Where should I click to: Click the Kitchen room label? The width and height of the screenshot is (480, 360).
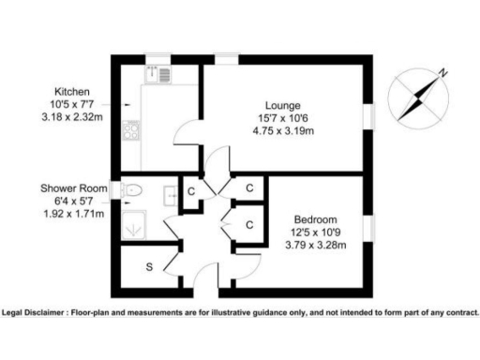pos(72,92)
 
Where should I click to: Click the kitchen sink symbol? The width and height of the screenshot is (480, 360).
pos(156,73)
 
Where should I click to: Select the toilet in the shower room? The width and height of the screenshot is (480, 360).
pos(132,190)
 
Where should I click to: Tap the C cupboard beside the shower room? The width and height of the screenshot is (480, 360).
pos(191,192)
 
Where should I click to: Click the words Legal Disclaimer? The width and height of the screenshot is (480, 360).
pos(41,312)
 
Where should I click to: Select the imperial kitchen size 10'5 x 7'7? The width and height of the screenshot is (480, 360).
pos(72,104)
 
